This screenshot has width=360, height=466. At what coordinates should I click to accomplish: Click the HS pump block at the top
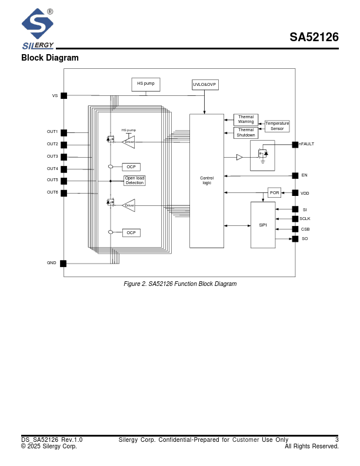point(145,84)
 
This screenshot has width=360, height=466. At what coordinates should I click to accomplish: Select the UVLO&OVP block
point(205,85)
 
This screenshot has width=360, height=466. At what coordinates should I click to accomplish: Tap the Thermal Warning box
point(246,119)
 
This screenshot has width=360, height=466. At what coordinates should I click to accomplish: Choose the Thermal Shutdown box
point(246,133)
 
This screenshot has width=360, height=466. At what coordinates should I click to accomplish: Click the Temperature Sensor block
point(277,126)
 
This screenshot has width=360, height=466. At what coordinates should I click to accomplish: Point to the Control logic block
point(206,181)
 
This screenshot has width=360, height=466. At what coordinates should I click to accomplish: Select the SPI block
point(263,225)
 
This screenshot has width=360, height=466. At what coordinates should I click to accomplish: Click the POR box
point(274,192)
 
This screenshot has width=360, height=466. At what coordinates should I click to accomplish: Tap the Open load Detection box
point(134,181)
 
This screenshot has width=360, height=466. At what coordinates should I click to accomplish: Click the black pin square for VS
point(64,95)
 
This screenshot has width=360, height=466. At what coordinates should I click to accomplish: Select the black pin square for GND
point(64,263)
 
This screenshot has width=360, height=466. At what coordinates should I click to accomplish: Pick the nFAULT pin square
point(295,144)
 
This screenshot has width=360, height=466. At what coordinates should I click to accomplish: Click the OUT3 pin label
point(52,157)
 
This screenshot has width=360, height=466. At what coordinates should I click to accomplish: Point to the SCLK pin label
point(305,219)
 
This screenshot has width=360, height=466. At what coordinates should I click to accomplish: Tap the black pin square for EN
point(295,175)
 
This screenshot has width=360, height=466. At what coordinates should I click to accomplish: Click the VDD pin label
point(305,193)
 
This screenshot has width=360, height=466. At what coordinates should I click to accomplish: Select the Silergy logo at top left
point(38,28)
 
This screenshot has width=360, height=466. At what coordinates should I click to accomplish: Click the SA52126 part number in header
point(314,38)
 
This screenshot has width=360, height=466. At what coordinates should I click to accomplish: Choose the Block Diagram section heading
point(49,58)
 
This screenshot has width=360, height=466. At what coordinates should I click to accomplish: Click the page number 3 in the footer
point(337,440)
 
